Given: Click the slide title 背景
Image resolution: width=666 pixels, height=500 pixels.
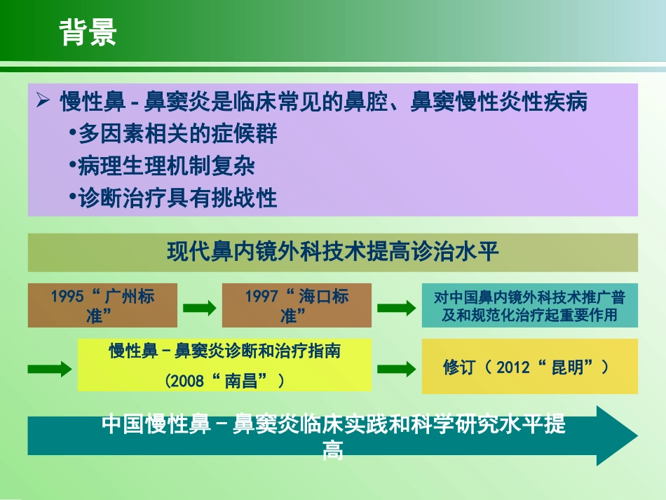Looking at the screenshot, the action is pos(88,32).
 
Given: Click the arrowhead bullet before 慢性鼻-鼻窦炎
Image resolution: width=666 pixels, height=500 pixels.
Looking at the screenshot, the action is pos(43,102).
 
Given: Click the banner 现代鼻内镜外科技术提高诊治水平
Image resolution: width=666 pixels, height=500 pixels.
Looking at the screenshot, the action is pos(332,252).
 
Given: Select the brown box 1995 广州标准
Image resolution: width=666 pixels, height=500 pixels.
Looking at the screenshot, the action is pos(102,305).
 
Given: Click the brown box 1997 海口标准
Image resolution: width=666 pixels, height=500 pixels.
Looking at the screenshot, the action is pos(297,305).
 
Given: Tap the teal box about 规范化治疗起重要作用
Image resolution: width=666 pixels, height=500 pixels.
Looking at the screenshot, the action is pos(529,305).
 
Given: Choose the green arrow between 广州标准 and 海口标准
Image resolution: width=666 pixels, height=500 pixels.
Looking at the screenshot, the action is pos(199,307).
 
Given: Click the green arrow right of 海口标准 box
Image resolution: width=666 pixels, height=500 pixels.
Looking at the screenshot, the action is pos(396,307).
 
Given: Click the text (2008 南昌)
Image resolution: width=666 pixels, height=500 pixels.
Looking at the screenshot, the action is pos(224,381).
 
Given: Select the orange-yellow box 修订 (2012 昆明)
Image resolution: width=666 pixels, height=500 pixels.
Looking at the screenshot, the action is pos(529,367).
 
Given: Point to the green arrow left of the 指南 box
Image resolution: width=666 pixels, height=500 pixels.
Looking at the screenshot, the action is pos(50,369).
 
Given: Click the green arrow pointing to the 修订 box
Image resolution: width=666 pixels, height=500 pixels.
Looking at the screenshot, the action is pos(396,369).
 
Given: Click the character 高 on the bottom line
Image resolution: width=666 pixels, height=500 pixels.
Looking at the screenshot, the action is pos(332,451).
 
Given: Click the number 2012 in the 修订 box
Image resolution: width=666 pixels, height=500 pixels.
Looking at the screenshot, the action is pos(514,367).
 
